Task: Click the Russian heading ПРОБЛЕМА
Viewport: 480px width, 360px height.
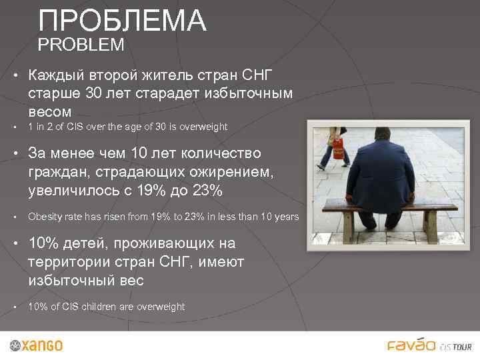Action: pyautogui.click(x=123, y=21)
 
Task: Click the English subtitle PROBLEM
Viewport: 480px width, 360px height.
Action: pyautogui.click(x=81, y=45)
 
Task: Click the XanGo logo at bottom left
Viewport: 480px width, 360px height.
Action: pyautogui.click(x=37, y=345)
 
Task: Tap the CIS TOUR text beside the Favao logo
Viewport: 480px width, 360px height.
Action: pyautogui.click(x=457, y=347)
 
